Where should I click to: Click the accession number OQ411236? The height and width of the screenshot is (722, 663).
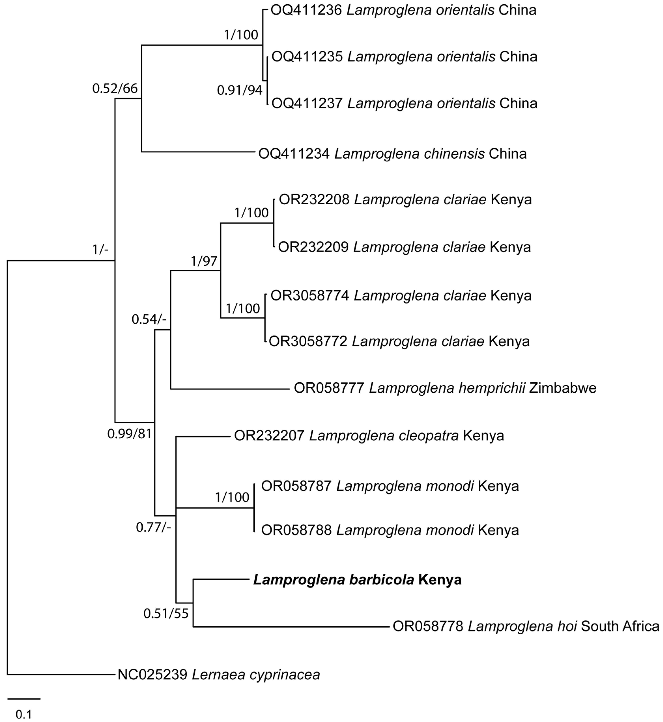click(x=306, y=10)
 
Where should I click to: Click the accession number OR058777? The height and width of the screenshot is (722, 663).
click(x=329, y=388)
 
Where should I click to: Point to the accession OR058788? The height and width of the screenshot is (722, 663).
click(x=296, y=530)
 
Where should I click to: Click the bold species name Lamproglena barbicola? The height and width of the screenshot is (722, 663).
click(x=334, y=580)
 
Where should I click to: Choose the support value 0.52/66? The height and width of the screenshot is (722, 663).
click(x=115, y=88)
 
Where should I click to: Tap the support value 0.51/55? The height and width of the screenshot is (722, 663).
click(x=166, y=614)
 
